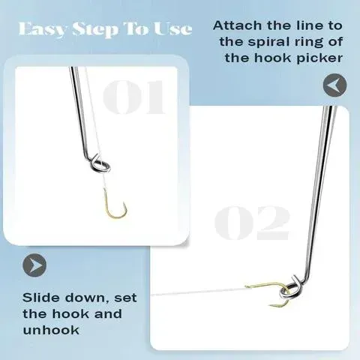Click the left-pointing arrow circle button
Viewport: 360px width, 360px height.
pyautogui.click(x=335, y=85)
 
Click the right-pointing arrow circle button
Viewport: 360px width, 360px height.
pyautogui.click(x=34, y=265)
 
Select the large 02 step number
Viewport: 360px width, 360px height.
pyautogui.click(x=252, y=223)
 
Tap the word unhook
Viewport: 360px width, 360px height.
pyautogui.click(x=52, y=331)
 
